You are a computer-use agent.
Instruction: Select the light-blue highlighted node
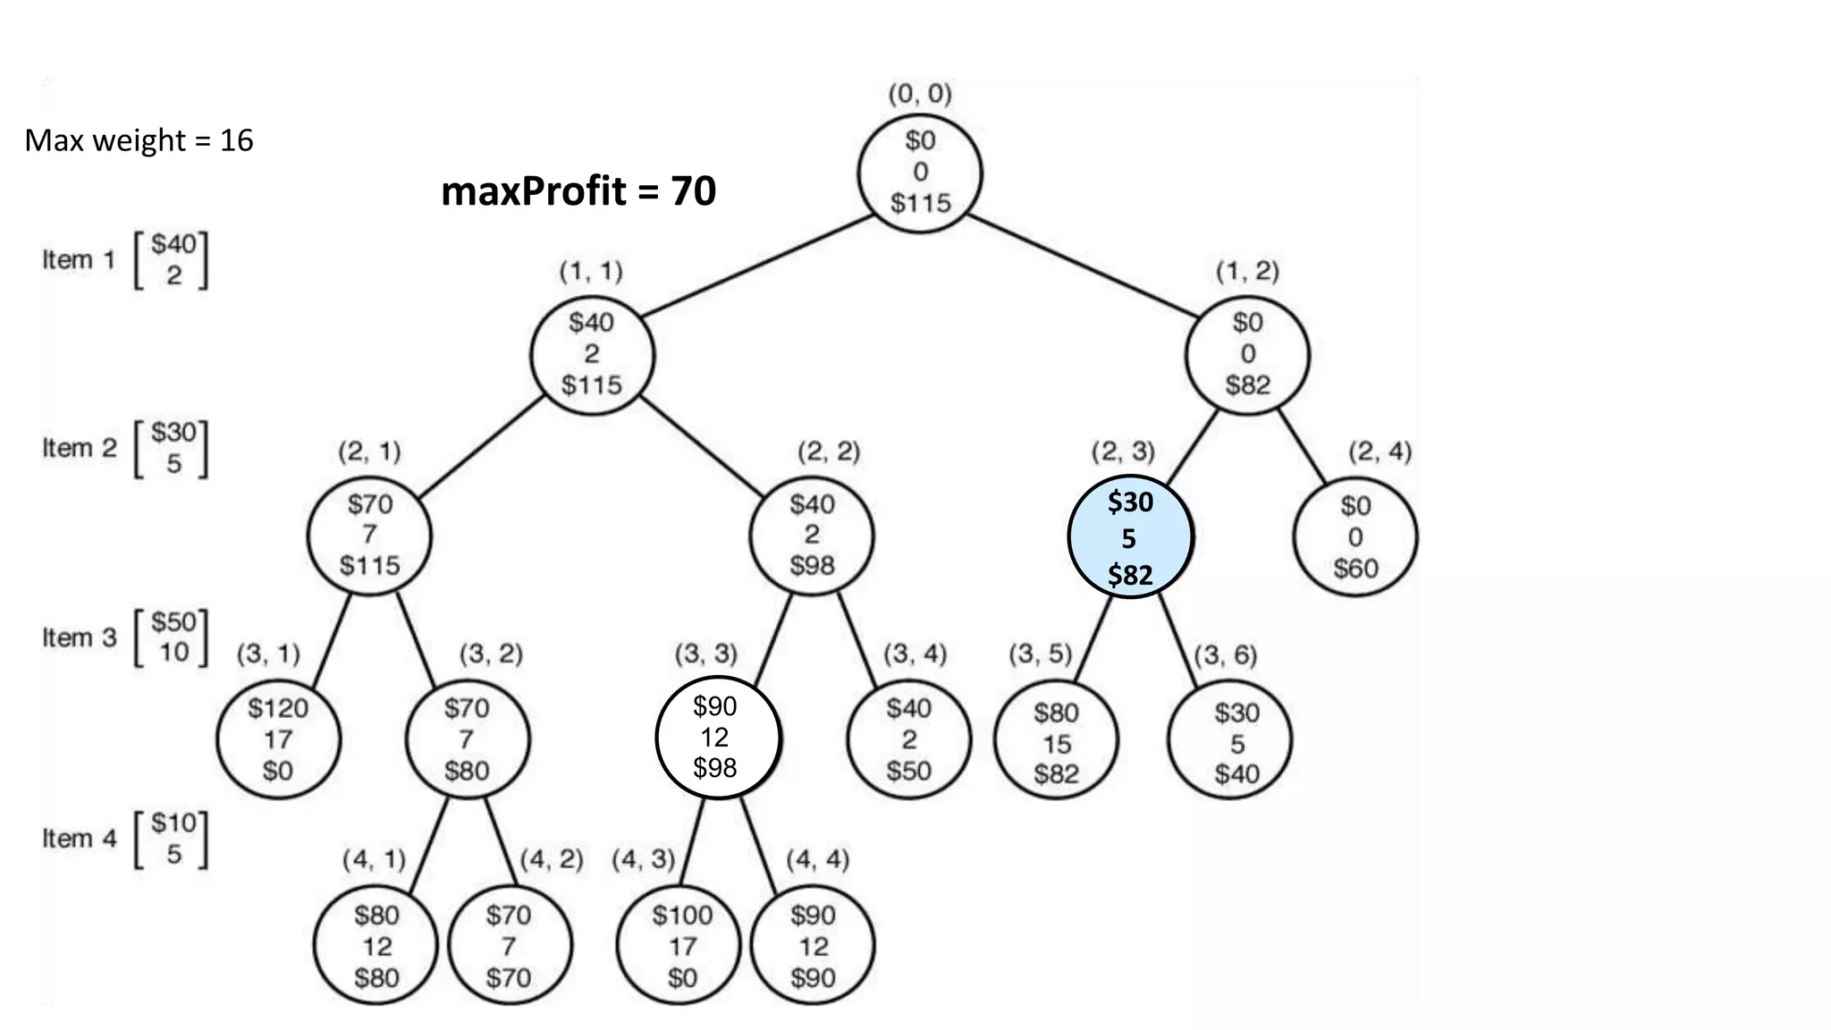tap(1130, 537)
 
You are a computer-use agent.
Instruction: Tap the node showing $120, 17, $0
tap(278, 739)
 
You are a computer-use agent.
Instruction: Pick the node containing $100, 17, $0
tap(682, 946)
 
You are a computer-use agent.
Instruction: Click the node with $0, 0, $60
tap(1355, 537)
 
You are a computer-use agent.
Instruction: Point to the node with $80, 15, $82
tap(1056, 743)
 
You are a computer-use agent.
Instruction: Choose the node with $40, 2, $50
tap(908, 739)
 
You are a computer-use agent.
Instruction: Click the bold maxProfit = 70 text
tap(578, 191)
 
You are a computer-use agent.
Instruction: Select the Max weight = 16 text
tap(139, 140)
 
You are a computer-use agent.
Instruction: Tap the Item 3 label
tap(79, 637)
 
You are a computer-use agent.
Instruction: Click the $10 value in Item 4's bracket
tap(173, 823)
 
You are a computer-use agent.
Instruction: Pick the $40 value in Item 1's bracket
tap(173, 244)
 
